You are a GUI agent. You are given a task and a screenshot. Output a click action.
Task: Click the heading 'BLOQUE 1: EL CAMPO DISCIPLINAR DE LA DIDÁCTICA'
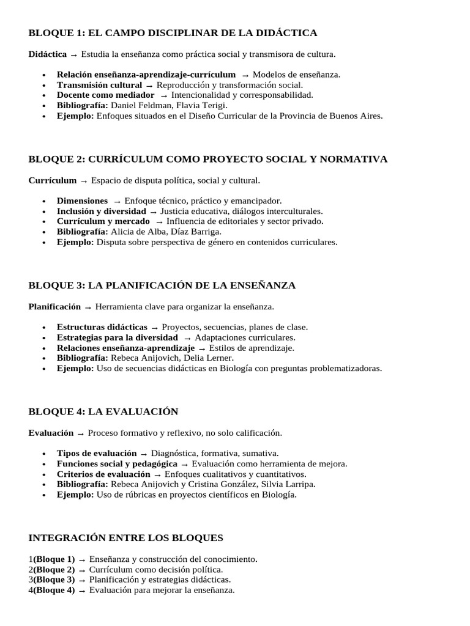(173, 32)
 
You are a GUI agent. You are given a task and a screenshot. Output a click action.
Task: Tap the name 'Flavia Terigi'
(201, 105)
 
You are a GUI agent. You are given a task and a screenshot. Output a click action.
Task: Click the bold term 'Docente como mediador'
(105, 95)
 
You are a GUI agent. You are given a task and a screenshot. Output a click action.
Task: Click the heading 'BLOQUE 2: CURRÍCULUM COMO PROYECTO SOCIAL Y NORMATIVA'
(208, 159)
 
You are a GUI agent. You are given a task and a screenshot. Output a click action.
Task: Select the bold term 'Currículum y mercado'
(103, 221)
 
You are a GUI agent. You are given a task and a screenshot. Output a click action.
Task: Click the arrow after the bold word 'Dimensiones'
(116, 201)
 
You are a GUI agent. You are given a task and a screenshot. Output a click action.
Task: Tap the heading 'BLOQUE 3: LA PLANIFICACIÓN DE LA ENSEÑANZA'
(162, 285)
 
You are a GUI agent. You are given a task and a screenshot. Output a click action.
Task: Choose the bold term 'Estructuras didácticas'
(102, 327)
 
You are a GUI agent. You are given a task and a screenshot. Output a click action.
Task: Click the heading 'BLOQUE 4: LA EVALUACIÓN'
(103, 411)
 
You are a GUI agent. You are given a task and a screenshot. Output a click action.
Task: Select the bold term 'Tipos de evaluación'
(97, 453)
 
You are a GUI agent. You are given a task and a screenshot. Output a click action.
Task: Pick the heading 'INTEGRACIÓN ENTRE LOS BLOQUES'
(126, 538)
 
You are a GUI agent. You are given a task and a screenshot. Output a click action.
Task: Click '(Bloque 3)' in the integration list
(54, 580)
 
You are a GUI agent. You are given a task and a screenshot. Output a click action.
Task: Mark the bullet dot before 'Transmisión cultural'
(44, 85)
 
